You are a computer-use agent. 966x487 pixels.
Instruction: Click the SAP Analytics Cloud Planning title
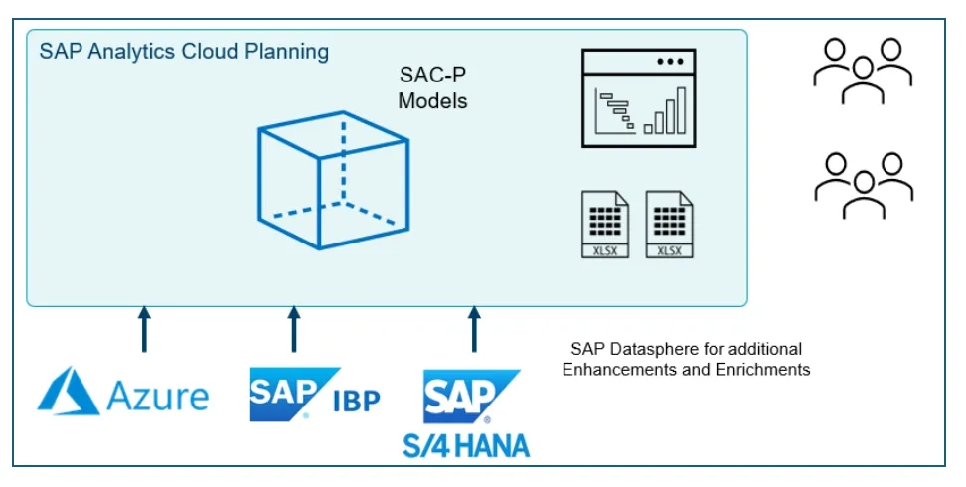pyautogui.click(x=184, y=52)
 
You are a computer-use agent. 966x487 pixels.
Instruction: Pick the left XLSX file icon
pyautogui.click(x=606, y=225)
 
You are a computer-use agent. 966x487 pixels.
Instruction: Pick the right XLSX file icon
pyautogui.click(x=670, y=225)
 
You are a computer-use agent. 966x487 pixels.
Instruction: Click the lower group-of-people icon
pyautogui.click(x=863, y=185)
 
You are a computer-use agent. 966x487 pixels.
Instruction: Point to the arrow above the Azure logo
pyautogui.click(x=144, y=329)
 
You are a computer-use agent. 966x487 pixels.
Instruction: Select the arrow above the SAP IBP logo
pyautogui.click(x=294, y=329)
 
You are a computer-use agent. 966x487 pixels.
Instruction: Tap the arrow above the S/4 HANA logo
pyautogui.click(x=473, y=329)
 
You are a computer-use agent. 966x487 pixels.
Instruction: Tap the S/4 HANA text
pyautogui.click(x=466, y=443)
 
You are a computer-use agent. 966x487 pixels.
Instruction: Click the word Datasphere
pyautogui.click(x=650, y=349)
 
